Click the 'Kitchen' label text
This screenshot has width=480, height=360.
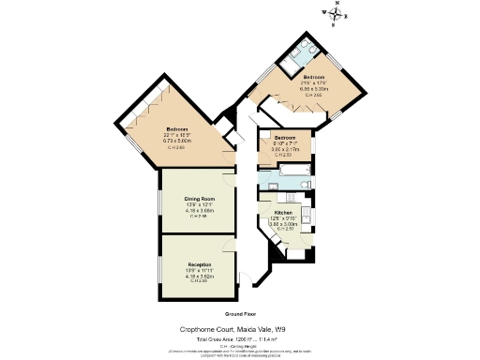pos(282,213)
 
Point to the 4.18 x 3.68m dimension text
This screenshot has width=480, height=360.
pos(199,211)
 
